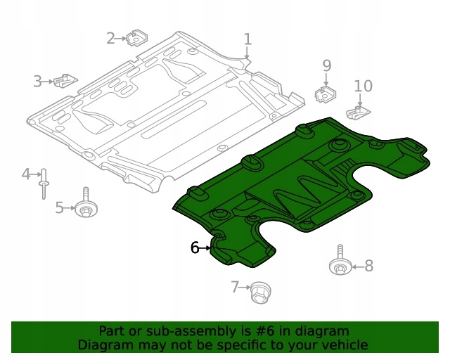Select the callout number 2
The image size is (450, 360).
pyautogui.click(x=110, y=38)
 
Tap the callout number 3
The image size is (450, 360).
pyautogui.click(x=37, y=82)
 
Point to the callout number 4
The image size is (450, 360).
pyautogui.click(x=25, y=174)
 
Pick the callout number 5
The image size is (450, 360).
pyautogui.click(x=60, y=207)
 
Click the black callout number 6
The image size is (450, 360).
pyautogui.click(x=195, y=247)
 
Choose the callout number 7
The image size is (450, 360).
pyautogui.click(x=236, y=286)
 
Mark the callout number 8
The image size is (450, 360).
pyautogui.click(x=368, y=266)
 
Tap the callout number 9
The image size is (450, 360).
pyautogui.click(x=326, y=65)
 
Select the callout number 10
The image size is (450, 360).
pyautogui.click(x=363, y=86)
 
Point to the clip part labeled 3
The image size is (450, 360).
pyautogui.click(x=67, y=81)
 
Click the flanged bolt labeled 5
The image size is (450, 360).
pyautogui.click(x=86, y=205)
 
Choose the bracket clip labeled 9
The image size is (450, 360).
pyautogui.click(x=326, y=93)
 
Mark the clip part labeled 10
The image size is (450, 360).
pyautogui.click(x=359, y=111)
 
